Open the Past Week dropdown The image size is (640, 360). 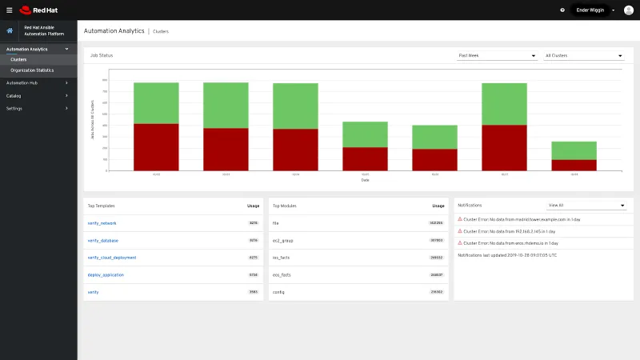(496, 56)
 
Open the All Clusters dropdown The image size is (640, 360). (583, 56)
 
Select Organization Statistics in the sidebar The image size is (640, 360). (33, 70)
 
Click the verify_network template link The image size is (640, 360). (102, 223)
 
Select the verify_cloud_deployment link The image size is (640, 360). (112, 258)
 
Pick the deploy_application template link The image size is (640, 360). (106, 274)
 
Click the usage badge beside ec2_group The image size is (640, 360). (437, 240)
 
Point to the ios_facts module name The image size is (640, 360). (281, 258)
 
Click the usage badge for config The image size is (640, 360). (437, 292)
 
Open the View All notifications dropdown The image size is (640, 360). (586, 206)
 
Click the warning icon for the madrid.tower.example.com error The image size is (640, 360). (460, 218)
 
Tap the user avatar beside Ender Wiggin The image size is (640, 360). (628, 10)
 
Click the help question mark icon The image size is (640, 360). (562, 10)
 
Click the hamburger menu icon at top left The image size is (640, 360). (10, 10)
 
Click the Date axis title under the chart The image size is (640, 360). (365, 180)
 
